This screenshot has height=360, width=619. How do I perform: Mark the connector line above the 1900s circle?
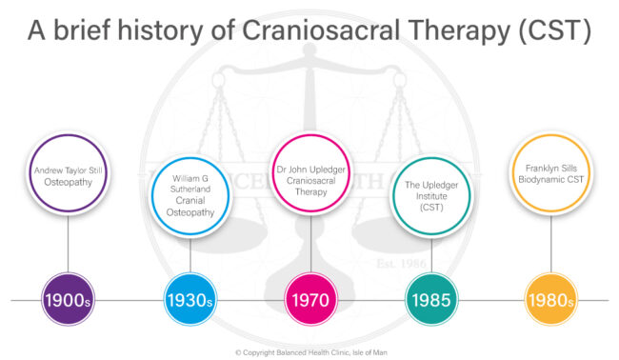coord(69,248)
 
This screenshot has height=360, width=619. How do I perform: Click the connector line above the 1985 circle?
coord(431,255)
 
